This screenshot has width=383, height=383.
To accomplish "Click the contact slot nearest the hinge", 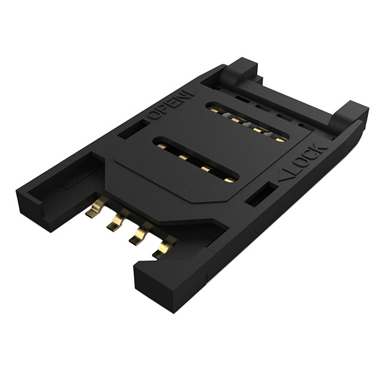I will click(248, 121).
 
